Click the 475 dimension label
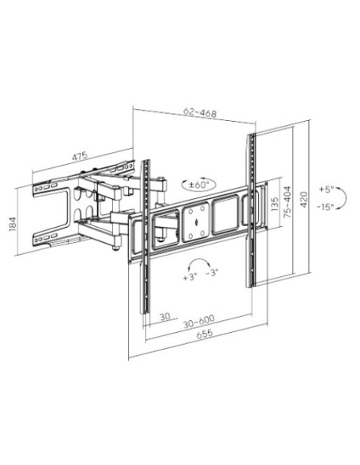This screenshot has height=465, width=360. point(80,156)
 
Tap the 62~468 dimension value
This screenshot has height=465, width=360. point(200,112)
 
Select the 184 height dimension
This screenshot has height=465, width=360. point(12,224)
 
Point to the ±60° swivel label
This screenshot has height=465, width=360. point(199,185)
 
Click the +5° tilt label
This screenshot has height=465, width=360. point(327,190)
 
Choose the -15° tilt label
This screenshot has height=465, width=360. point(325,207)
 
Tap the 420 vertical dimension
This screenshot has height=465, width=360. point(304,200)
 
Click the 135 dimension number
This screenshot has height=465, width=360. point(275,204)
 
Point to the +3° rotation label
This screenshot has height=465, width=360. point(190,277)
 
